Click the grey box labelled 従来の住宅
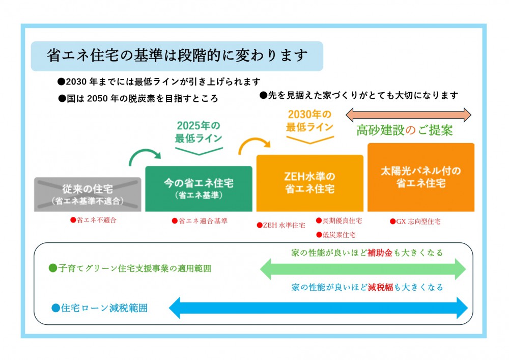[88, 195]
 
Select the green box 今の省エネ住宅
[199, 189]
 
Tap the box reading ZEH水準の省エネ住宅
[309, 183]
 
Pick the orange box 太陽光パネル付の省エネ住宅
[421, 177]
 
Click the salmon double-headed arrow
[408, 115]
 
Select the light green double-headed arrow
[363, 269]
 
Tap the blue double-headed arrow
[318, 308]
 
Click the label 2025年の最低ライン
[199, 132]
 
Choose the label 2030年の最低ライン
[309, 121]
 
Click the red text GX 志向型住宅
[418, 221]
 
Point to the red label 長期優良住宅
[342, 221]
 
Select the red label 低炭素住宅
[339, 235]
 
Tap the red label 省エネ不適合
[96, 220]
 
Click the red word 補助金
[380, 253]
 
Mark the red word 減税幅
[380, 287]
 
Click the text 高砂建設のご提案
[405, 130]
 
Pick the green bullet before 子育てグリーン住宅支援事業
[52, 268]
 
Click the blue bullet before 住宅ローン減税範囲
[56, 308]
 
